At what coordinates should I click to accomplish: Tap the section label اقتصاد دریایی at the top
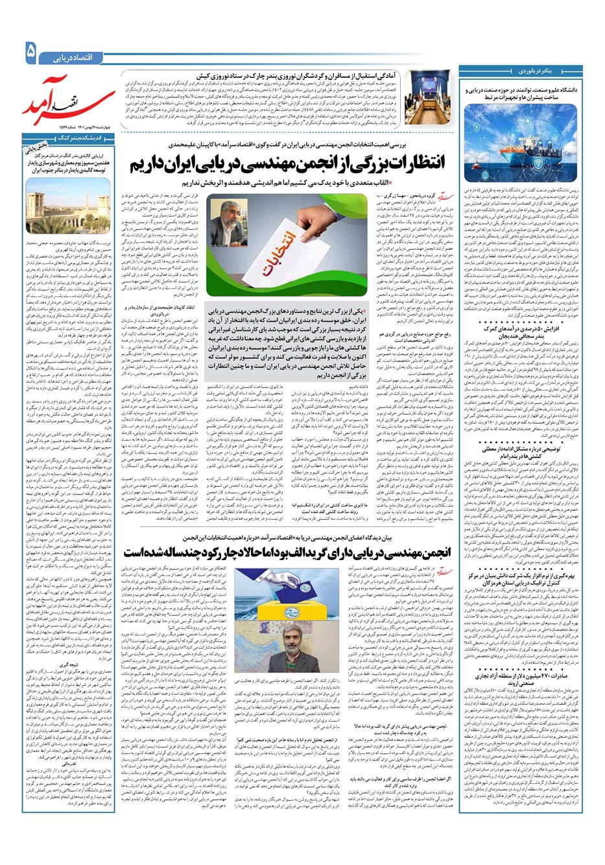[77, 58]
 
